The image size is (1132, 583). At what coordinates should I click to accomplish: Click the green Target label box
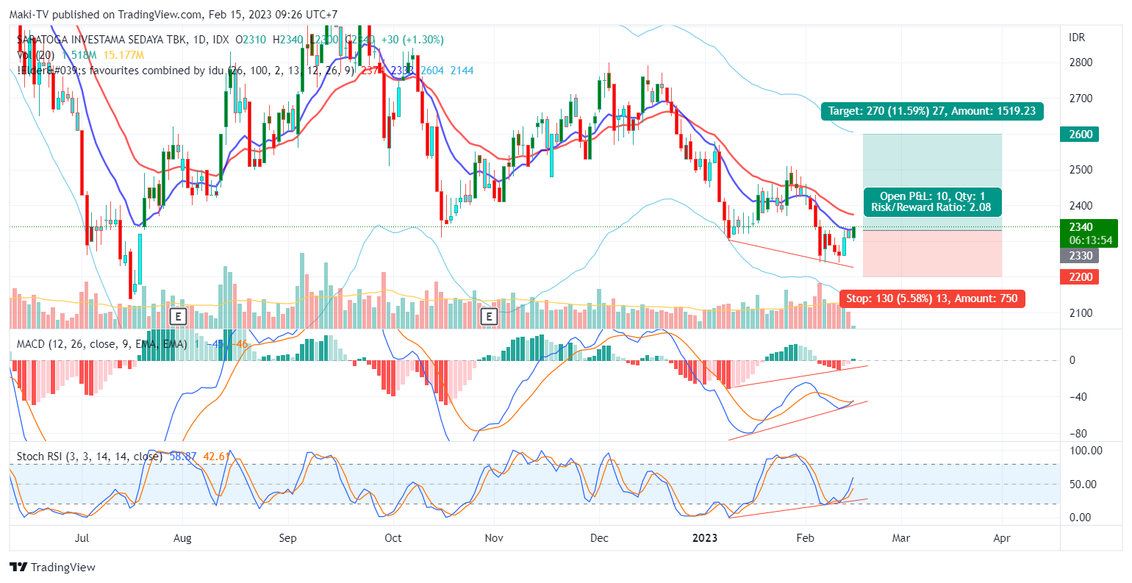click(x=932, y=111)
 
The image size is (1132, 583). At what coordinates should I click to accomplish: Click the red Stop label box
click(x=932, y=298)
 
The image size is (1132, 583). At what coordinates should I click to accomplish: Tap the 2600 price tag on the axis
click(x=1080, y=135)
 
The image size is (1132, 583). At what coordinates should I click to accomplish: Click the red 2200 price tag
click(x=1080, y=277)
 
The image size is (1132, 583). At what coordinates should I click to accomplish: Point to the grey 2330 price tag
click(x=1080, y=256)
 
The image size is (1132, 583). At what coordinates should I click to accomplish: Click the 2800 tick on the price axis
click(x=1081, y=62)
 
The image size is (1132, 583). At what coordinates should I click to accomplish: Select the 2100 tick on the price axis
click(x=1081, y=313)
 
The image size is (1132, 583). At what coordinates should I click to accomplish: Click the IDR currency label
click(x=1076, y=37)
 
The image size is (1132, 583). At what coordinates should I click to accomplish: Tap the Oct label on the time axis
click(x=393, y=538)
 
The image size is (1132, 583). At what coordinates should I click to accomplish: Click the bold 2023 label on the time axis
click(x=705, y=538)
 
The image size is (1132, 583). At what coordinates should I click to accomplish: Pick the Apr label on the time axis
click(x=1001, y=538)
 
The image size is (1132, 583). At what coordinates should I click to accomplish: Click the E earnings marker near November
click(x=489, y=317)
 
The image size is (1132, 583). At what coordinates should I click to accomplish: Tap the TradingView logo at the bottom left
click(x=53, y=567)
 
